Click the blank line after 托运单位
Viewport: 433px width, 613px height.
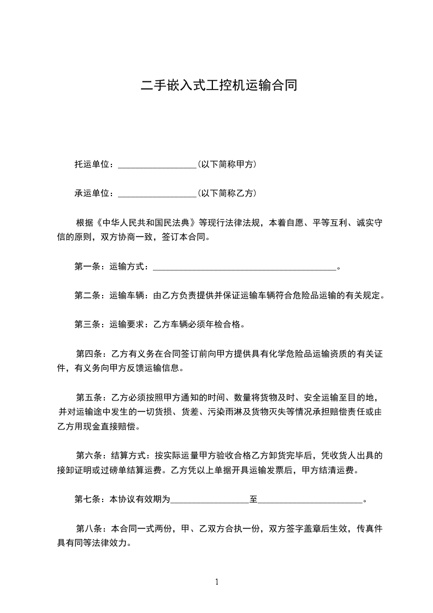pyautogui.click(x=157, y=164)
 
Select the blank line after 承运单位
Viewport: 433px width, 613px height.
pyautogui.click(x=157, y=193)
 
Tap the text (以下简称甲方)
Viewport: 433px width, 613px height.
pyautogui.click(x=227, y=164)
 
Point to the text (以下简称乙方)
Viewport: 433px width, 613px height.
pyautogui.click(x=227, y=193)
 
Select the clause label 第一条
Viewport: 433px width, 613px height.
pyautogui.click(x=86, y=267)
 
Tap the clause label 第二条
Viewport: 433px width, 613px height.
pyautogui.click(x=86, y=296)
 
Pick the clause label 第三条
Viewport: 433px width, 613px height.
pyautogui.click(x=86, y=325)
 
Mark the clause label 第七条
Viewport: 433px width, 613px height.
pyautogui.click(x=86, y=499)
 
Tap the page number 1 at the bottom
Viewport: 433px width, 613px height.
pyautogui.click(x=217, y=582)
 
